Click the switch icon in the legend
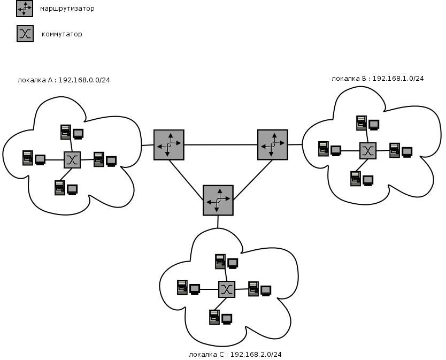click(x=25, y=34)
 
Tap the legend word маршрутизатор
click(x=67, y=9)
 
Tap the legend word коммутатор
click(x=62, y=34)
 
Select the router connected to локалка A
click(x=168, y=144)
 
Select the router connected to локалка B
click(x=272, y=144)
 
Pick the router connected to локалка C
click(x=218, y=200)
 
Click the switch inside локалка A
click(x=72, y=159)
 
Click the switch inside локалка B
click(x=367, y=150)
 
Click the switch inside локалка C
click(x=227, y=289)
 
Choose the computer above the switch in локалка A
click(x=72, y=132)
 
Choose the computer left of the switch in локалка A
click(x=34, y=158)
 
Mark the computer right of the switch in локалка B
click(x=401, y=150)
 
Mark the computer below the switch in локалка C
click(x=220, y=317)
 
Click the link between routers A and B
click(x=220, y=144)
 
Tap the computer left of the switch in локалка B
click(x=329, y=149)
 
